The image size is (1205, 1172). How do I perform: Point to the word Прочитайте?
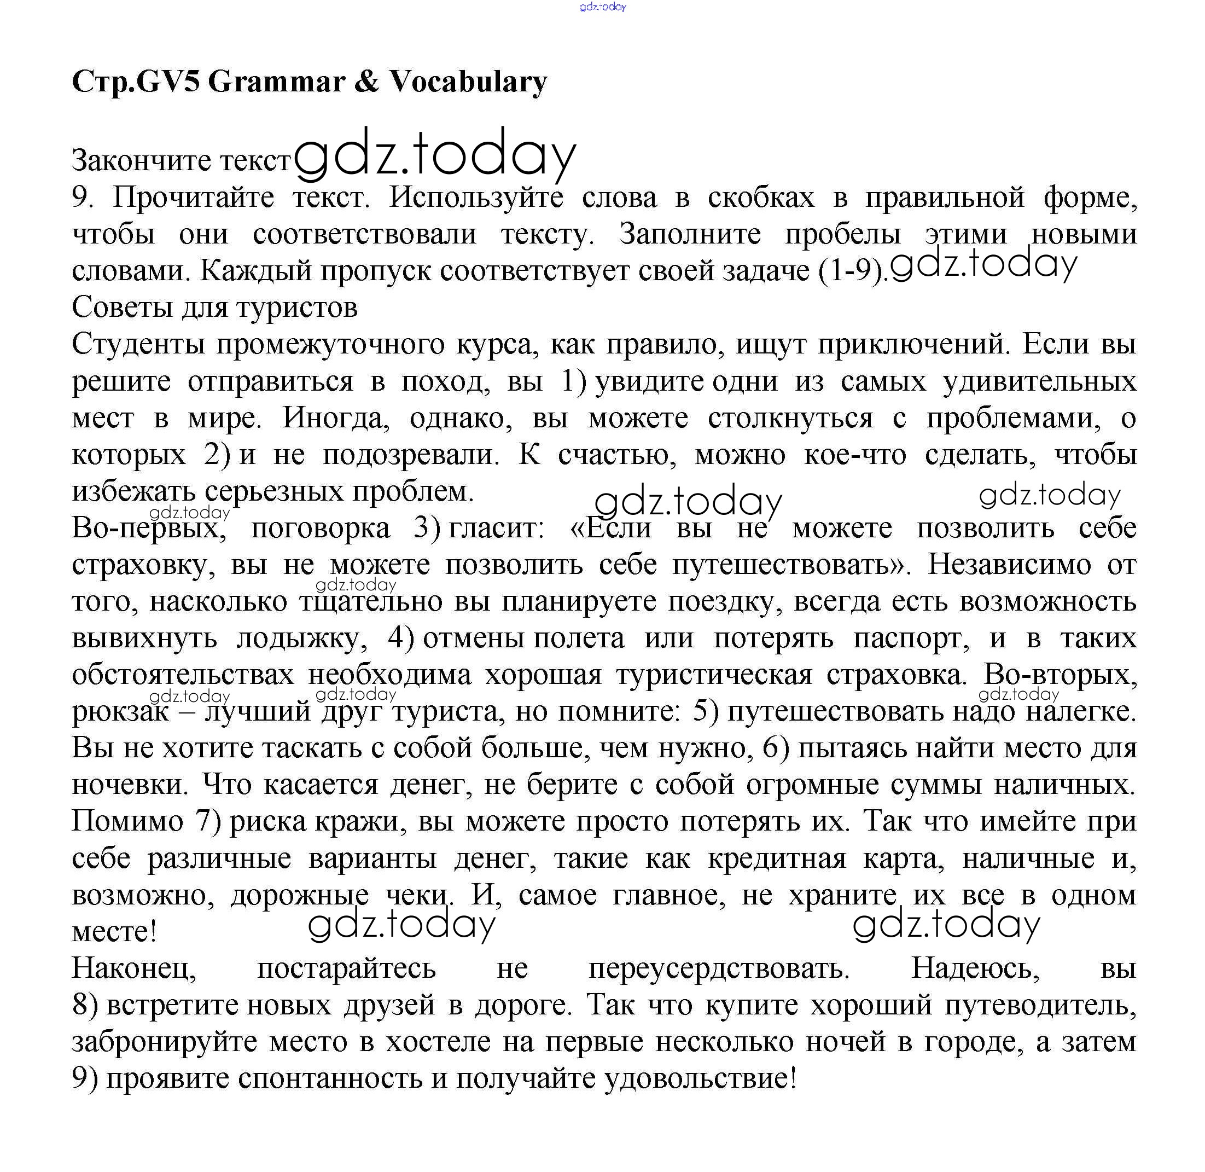193,198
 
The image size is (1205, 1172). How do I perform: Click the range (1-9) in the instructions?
852,271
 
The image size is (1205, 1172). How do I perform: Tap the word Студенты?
138,345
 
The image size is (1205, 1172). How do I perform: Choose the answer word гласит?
496,528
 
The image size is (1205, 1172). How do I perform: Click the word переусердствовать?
719,969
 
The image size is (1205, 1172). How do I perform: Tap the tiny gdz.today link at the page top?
603,7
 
